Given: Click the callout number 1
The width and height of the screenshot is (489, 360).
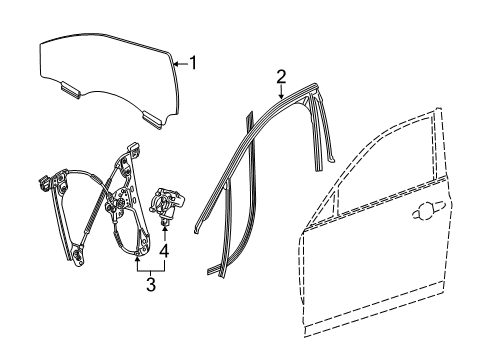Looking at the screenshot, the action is click(194, 63).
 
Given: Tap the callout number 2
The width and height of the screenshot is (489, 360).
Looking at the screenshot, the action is click(282, 77).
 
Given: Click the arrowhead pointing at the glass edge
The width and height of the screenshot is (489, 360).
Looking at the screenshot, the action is click(175, 63).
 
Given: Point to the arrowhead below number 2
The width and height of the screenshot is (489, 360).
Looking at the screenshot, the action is click(282, 93).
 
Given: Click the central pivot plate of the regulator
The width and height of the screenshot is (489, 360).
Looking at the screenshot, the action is click(123, 209).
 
